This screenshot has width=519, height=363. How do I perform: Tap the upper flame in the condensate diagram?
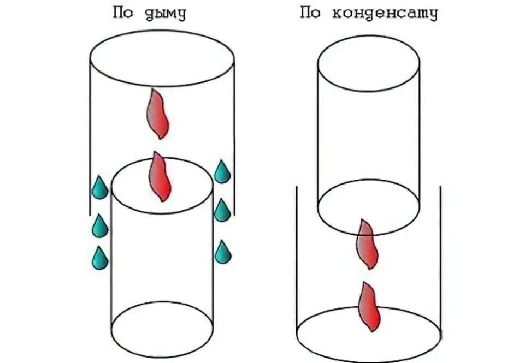pos(368,244)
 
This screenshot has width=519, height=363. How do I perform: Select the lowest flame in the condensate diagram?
pos(369,307)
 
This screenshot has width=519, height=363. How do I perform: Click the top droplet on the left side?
pos(99,188)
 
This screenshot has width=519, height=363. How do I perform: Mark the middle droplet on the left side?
pos(99,226)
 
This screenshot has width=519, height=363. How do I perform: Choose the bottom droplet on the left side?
pos(99,258)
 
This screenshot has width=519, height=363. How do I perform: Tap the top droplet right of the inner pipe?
pos(222,172)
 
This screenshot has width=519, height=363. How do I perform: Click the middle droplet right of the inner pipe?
pos(222,211)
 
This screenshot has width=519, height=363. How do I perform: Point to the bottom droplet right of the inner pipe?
pos(222,252)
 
